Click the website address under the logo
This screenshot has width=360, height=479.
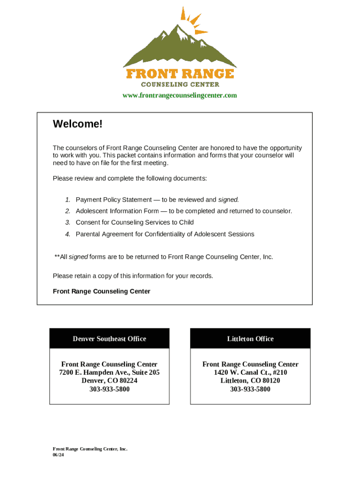click(x=180, y=95)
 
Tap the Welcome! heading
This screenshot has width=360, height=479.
click(x=77, y=124)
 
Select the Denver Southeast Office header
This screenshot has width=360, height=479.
click(x=109, y=339)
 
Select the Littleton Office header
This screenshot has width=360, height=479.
click(x=250, y=339)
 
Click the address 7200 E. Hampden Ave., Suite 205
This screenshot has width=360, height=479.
click(x=109, y=372)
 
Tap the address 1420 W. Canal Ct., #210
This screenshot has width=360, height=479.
click(x=250, y=372)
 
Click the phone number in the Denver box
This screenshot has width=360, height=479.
click(x=109, y=389)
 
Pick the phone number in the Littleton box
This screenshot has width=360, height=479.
click(x=250, y=389)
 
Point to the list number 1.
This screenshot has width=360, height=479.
click(x=68, y=200)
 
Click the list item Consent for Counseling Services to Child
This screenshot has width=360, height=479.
click(x=135, y=223)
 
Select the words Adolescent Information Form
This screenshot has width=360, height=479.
click(x=116, y=211)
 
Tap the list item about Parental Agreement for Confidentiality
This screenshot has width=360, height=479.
click(x=165, y=234)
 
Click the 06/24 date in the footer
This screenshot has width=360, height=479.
click(x=58, y=455)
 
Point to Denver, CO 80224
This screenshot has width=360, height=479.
click(x=109, y=381)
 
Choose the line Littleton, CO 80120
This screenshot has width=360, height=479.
click(x=250, y=381)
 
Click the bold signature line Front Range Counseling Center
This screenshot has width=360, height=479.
click(x=101, y=291)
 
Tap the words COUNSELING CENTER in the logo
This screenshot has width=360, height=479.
click(x=180, y=85)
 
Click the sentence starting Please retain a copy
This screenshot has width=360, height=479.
click(x=133, y=276)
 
